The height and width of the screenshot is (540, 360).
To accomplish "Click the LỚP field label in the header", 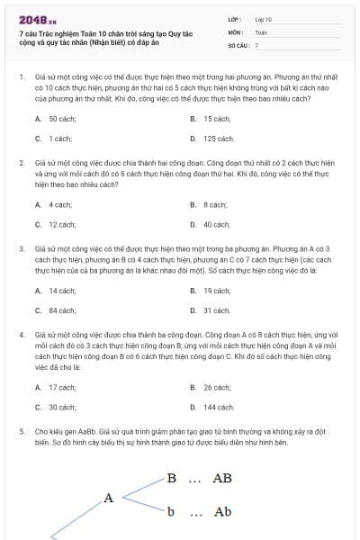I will point(235,18).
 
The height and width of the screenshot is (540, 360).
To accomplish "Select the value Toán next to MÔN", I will point(261,31).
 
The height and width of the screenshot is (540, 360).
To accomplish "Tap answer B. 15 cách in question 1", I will point(212,118).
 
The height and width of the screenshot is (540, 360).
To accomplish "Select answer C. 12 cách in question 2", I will point(55,224).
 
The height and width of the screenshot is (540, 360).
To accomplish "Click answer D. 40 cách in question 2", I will point(211,224).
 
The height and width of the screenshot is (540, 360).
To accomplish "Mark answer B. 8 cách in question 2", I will point(209,204).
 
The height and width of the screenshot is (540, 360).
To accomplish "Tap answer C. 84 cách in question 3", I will point(55,310).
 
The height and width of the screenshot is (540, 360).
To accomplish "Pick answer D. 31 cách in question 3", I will point(211,310).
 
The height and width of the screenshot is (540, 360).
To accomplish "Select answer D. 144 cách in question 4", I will point(213,408).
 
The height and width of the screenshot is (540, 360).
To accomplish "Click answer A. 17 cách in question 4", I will point(55,387).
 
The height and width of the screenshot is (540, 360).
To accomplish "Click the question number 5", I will point(22,430).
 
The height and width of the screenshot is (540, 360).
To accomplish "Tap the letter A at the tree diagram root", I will point(109,497).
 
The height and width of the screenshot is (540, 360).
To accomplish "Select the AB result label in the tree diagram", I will point(221,478).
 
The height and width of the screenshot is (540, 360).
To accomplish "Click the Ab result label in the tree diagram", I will point(222,512).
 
